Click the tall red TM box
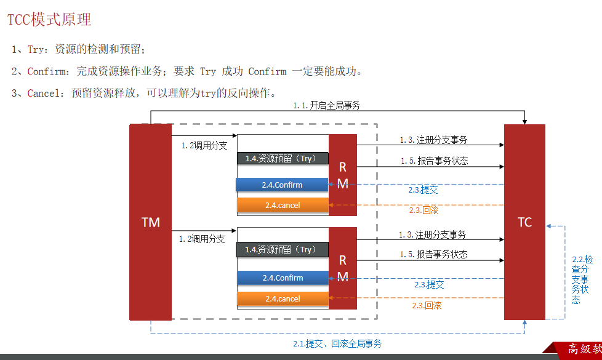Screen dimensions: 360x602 click(x=150, y=222)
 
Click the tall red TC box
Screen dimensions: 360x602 click(x=524, y=222)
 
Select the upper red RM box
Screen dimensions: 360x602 click(x=343, y=175)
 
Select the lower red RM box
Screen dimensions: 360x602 click(x=343, y=268)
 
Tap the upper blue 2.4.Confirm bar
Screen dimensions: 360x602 click(x=283, y=185)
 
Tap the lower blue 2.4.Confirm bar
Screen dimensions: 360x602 click(x=283, y=278)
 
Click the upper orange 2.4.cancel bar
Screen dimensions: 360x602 click(x=283, y=205)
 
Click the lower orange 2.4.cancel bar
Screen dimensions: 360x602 click(x=283, y=298)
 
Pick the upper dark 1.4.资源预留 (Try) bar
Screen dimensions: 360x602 click(x=283, y=158)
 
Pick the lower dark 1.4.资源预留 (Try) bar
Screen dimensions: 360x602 click(x=283, y=249)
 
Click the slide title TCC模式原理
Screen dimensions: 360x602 click(x=49, y=20)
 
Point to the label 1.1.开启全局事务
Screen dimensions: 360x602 click(x=326, y=105)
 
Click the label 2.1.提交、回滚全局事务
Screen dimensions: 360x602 click(x=337, y=343)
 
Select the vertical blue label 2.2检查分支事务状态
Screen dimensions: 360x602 click(x=579, y=279)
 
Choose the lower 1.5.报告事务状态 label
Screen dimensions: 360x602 click(x=433, y=254)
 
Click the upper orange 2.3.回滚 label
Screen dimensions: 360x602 click(x=423, y=210)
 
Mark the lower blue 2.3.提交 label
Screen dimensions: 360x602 click(x=429, y=284)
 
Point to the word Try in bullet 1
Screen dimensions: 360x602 click(x=36, y=49)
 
